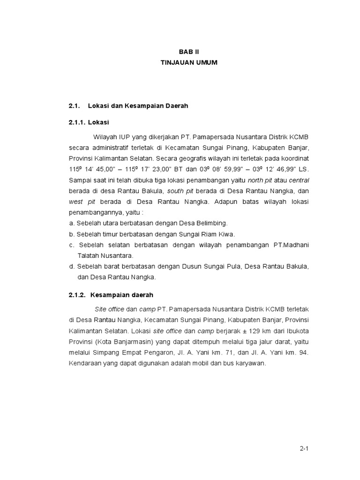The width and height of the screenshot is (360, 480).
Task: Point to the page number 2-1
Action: tap(304, 449)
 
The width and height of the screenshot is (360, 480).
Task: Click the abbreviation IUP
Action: tap(124, 136)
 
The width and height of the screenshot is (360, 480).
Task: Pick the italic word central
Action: tap(299, 180)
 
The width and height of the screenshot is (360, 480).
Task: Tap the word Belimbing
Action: tap(211, 223)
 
